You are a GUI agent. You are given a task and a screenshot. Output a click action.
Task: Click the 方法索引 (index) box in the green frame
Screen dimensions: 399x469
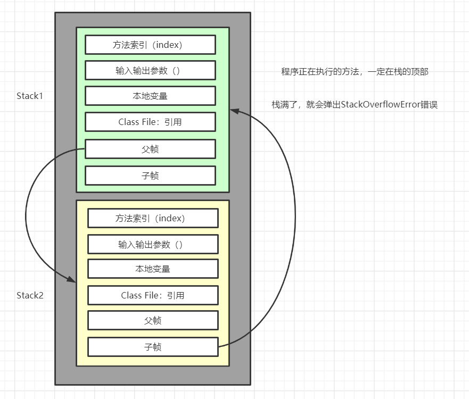[x=150, y=45]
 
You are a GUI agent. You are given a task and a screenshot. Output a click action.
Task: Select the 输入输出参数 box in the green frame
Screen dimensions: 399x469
[x=150, y=70]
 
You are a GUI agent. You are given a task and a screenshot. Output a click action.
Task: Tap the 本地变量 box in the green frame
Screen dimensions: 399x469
[x=150, y=96]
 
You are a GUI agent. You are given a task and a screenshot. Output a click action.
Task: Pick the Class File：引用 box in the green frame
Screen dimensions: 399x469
[x=150, y=122]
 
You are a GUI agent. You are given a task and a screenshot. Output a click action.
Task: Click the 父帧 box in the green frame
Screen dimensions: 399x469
[x=150, y=149]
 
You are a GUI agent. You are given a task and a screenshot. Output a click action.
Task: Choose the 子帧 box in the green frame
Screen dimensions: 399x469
[x=150, y=176]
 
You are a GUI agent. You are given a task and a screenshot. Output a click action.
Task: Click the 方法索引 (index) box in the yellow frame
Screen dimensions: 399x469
[x=153, y=218]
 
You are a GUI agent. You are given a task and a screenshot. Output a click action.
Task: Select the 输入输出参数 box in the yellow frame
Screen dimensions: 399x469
[x=153, y=244]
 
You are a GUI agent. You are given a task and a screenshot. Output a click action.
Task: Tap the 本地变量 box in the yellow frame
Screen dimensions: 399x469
[x=153, y=269]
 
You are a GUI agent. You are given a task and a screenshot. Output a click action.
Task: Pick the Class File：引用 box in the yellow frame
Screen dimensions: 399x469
[x=153, y=295]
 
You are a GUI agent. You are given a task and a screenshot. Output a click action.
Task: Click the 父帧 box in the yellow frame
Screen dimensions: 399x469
[x=153, y=320]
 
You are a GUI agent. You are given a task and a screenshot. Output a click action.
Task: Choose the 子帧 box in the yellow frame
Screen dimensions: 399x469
[x=153, y=347]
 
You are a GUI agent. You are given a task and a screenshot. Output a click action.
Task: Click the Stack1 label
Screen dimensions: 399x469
[x=29, y=96]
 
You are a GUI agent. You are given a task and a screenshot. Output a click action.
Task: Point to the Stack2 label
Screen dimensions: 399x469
[x=29, y=295]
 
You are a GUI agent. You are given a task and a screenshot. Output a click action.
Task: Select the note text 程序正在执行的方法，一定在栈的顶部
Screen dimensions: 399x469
[x=355, y=72]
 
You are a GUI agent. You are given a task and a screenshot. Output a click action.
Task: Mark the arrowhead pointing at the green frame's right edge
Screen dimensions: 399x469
[x=234, y=111]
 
